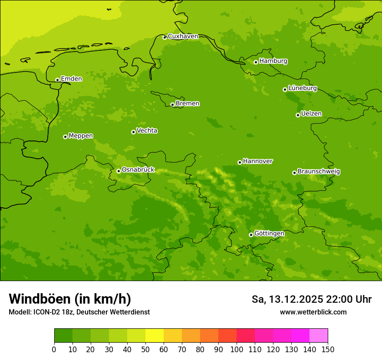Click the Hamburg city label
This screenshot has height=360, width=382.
click(x=273, y=61)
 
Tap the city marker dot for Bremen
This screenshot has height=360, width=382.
click(x=172, y=105)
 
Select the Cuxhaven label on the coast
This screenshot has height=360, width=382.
click(x=183, y=36)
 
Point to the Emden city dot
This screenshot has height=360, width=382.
click(x=57, y=80)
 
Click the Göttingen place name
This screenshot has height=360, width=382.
click(x=269, y=234)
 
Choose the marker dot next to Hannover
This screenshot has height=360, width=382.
click(x=240, y=162)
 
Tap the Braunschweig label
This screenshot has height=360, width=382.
click(x=319, y=172)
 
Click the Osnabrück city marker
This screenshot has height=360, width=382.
click(x=119, y=171)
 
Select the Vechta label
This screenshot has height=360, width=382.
click(x=147, y=131)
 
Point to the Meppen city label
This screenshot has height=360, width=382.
click(x=81, y=136)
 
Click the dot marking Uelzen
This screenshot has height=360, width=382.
click(x=298, y=115)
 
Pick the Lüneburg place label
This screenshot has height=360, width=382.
click(x=302, y=88)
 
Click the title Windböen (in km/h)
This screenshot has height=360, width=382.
click(x=70, y=299)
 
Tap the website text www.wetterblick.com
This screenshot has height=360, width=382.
click(x=313, y=312)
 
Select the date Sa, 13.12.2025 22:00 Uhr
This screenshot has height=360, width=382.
click(x=311, y=299)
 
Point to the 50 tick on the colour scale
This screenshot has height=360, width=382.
click(x=145, y=349)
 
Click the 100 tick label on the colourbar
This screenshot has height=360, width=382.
click(x=237, y=349)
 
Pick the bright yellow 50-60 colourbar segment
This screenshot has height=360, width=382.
click(x=155, y=336)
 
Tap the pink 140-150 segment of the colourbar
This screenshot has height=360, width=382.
click(x=319, y=336)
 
